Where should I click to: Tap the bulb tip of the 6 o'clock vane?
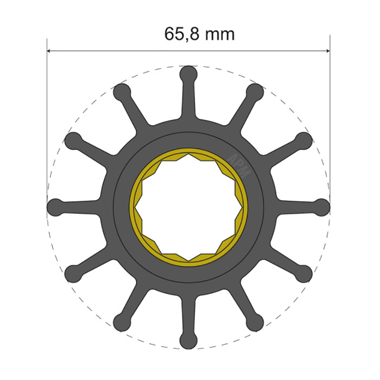pos(188,340)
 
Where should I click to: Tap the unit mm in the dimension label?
pos(220,35)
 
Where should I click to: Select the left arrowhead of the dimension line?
pos(51,52)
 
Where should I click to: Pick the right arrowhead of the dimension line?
pos(326,52)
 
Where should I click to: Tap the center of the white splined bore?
pos(188,207)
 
